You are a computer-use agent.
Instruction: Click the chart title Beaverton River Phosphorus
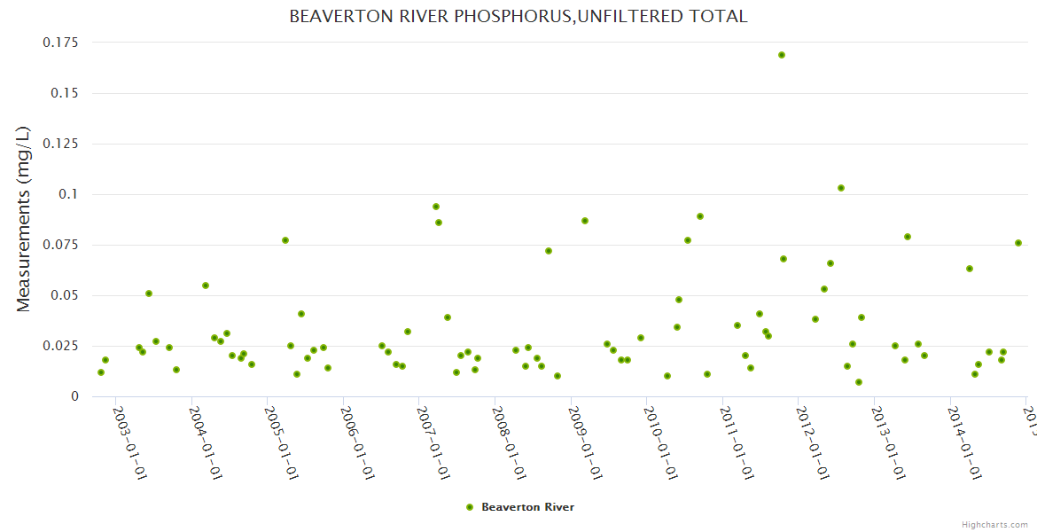(518, 16)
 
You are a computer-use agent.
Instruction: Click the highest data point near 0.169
(782, 55)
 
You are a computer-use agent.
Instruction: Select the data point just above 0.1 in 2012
(841, 188)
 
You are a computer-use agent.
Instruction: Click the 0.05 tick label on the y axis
(64, 295)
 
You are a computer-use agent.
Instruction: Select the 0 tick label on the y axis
(74, 396)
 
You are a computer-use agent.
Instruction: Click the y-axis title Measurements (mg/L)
(24, 219)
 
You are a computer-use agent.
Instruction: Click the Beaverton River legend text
(527, 507)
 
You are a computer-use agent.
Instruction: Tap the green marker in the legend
(470, 507)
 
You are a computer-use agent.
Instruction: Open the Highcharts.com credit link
(994, 524)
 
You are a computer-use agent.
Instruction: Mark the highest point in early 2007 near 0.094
(436, 207)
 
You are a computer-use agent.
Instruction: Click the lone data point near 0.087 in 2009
(585, 221)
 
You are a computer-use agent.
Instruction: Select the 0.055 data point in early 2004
(206, 286)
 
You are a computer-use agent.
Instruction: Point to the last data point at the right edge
(1018, 243)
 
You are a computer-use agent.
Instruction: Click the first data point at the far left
(101, 372)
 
